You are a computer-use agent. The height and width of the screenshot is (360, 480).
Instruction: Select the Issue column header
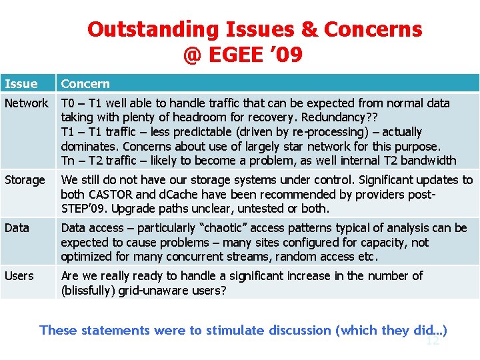(x=21, y=84)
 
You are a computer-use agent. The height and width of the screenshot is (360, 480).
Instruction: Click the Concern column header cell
(x=85, y=84)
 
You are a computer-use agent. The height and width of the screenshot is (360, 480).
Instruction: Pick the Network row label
(x=27, y=103)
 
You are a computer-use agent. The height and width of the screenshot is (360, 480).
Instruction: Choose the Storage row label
(x=25, y=180)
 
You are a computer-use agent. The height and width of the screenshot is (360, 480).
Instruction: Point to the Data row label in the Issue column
(x=17, y=228)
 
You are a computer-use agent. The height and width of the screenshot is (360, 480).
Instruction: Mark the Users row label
(x=19, y=276)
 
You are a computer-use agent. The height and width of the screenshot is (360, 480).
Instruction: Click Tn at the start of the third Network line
(x=68, y=161)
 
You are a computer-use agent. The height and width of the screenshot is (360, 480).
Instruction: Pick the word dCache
(x=175, y=195)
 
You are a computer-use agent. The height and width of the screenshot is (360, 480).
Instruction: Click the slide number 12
(x=433, y=341)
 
